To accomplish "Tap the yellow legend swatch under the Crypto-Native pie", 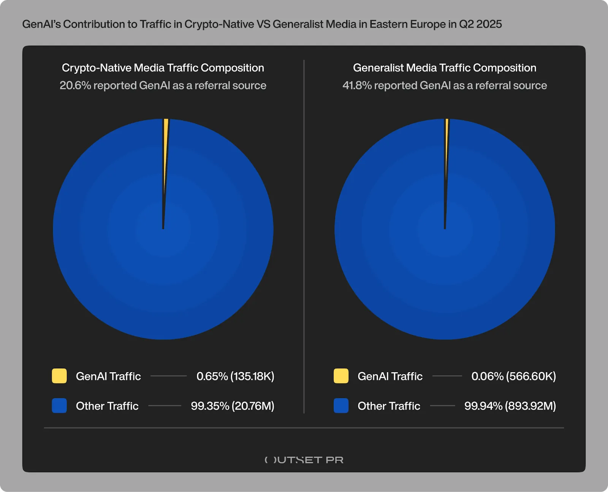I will pyautogui.click(x=59, y=376).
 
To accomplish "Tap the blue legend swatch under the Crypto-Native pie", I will pyautogui.click(x=59, y=406).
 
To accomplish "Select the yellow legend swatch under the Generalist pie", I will pyautogui.click(x=341, y=376).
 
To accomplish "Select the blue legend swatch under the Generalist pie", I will pyautogui.click(x=341, y=406).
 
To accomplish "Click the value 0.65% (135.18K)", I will pyautogui.click(x=235, y=376).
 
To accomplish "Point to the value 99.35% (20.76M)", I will pyautogui.click(x=233, y=406).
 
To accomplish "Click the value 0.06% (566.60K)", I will pyautogui.click(x=513, y=376).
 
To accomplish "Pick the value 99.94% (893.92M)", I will pyautogui.click(x=510, y=406).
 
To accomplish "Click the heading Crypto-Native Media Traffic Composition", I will pyautogui.click(x=163, y=68).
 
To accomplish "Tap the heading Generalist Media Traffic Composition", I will pyautogui.click(x=445, y=68).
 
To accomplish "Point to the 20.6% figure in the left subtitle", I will pyautogui.click(x=75, y=86).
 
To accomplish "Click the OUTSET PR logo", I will pyautogui.click(x=304, y=460).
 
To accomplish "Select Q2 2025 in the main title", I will pyautogui.click(x=480, y=24).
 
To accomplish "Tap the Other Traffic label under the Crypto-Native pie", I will pyautogui.click(x=107, y=406).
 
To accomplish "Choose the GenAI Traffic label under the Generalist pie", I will pyautogui.click(x=390, y=376).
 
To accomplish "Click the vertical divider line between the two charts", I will pyautogui.click(x=304, y=236).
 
